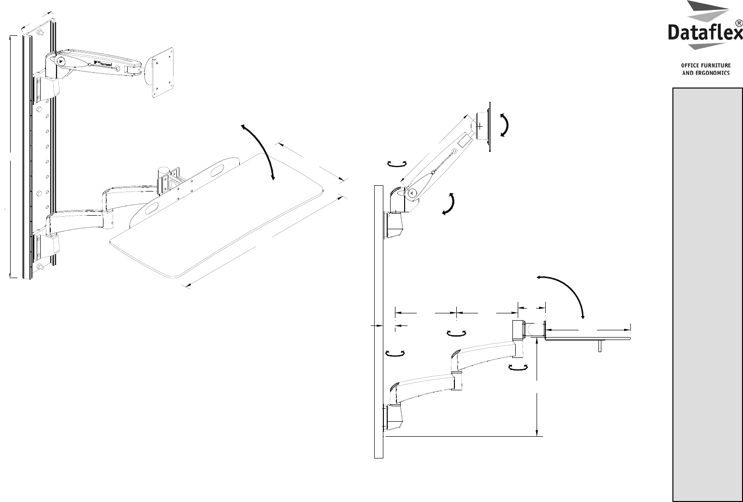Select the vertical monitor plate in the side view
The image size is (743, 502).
tap(490, 127)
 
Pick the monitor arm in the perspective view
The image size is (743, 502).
tap(97, 61)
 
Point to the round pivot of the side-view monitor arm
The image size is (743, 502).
tap(411, 192)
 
